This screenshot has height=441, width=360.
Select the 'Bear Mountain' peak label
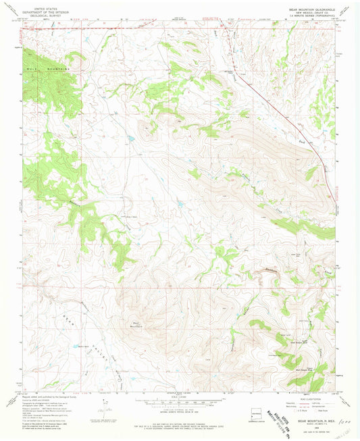pos(138,324)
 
